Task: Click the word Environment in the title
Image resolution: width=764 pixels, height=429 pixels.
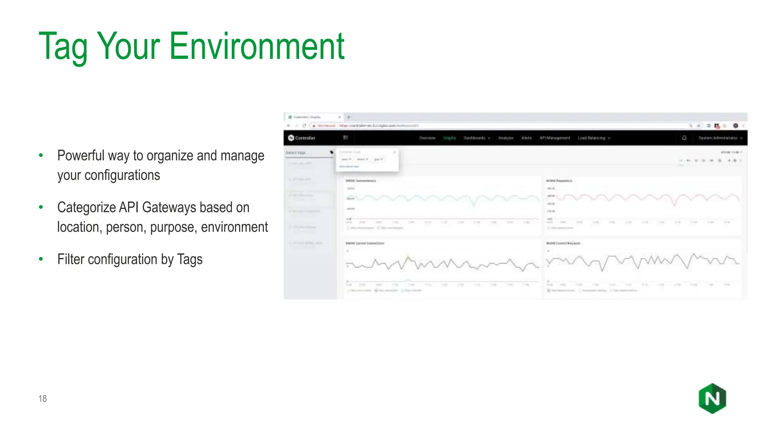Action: [257, 46]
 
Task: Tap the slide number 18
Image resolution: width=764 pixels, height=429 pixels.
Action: [43, 398]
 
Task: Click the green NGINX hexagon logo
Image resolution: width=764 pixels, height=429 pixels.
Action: [712, 398]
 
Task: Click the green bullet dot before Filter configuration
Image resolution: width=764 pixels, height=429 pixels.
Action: [41, 259]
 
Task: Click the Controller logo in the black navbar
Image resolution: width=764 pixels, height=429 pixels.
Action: [302, 138]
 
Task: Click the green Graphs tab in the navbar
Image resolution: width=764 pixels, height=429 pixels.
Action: [450, 138]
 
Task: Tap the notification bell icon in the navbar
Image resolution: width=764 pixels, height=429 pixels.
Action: [684, 138]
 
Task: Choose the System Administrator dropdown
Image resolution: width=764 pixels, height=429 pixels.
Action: [720, 138]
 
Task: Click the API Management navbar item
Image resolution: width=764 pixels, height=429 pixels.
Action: [555, 138]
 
